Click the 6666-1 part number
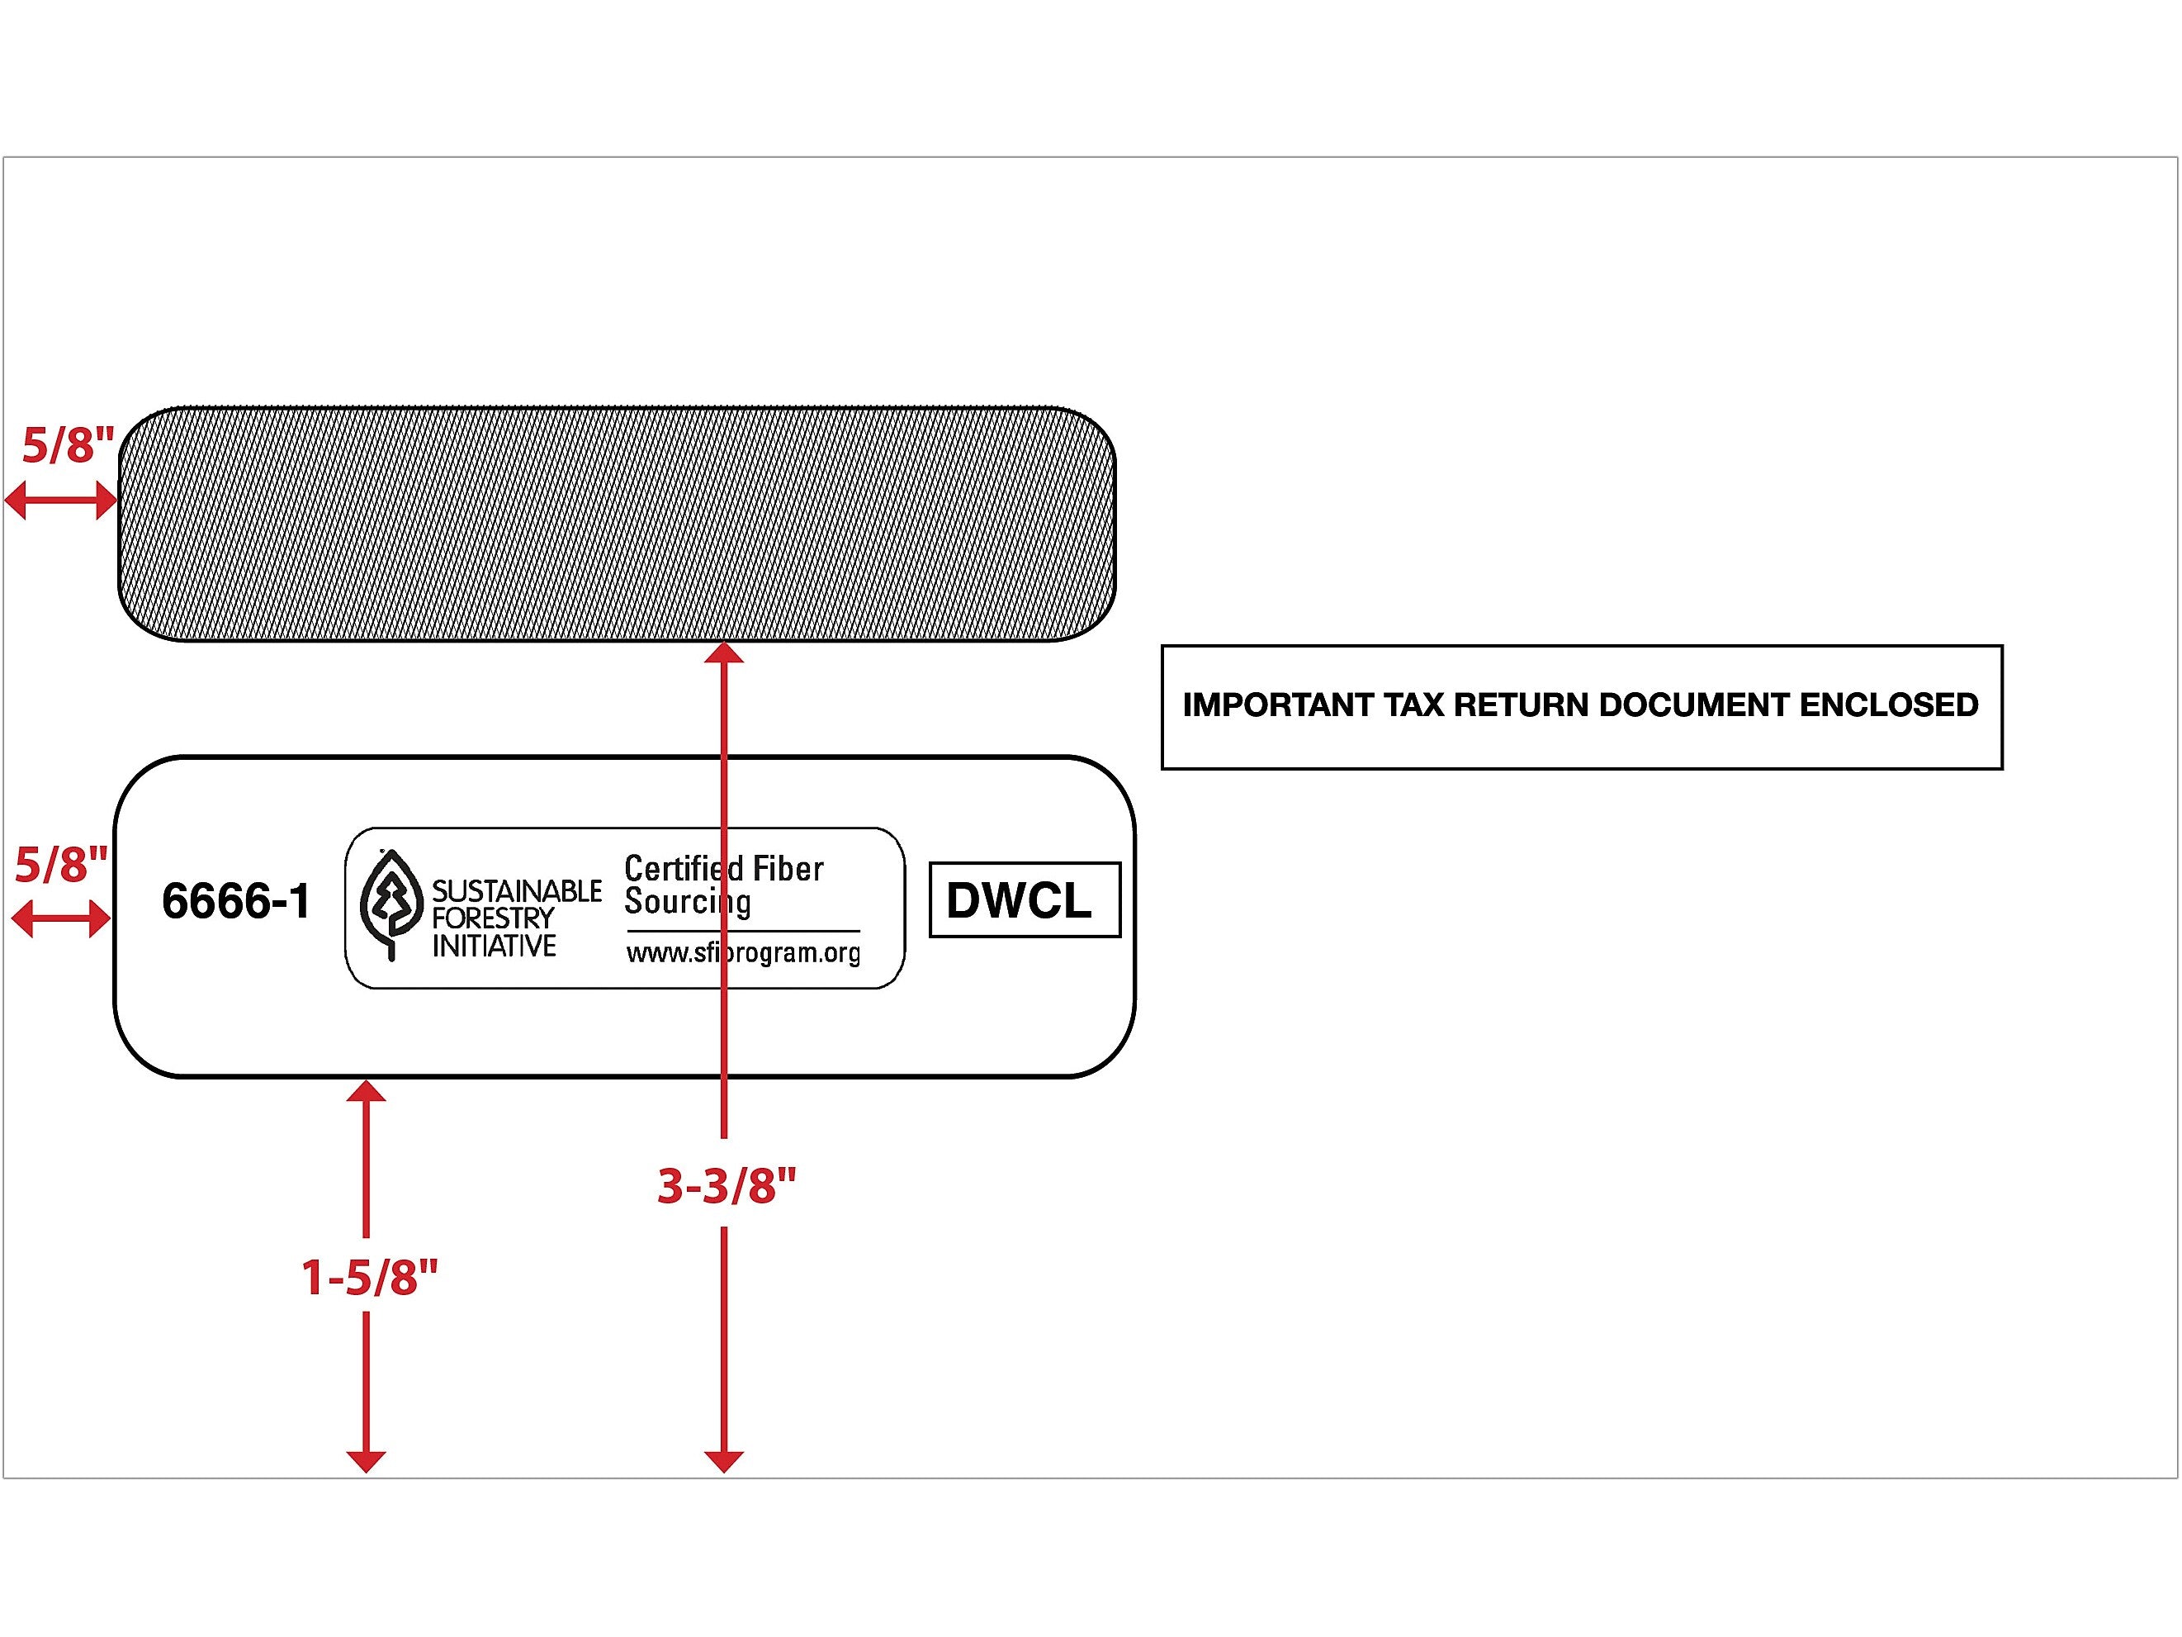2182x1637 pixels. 236,901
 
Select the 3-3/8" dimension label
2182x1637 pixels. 726,1185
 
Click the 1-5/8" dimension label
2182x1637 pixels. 369,1277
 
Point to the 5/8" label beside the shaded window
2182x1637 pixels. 68,445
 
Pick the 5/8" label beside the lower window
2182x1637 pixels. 60,865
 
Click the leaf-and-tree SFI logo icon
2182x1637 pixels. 390,904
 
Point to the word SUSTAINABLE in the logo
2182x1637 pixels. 516,891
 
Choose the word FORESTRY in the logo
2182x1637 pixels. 492,918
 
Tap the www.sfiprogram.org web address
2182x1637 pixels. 743,953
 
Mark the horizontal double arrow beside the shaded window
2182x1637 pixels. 61,501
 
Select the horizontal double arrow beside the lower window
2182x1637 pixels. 60,919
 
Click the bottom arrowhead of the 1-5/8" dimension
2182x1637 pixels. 366,1460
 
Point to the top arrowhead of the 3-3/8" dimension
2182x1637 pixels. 724,653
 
